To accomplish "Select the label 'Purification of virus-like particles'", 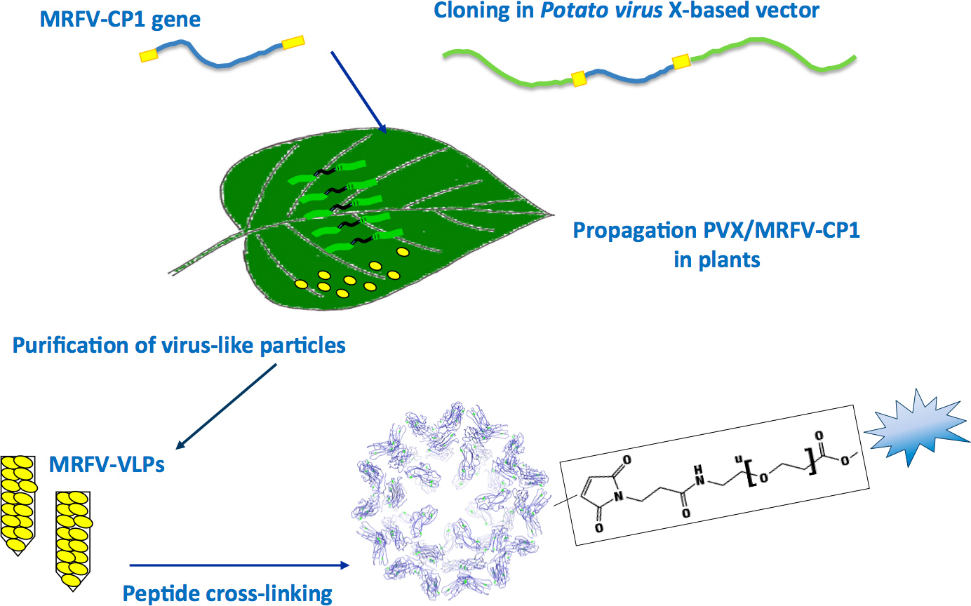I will click(x=180, y=345).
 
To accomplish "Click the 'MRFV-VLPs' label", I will click(x=107, y=464).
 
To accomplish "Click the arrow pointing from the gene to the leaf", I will click(x=359, y=91).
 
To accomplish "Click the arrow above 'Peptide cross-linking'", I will click(x=239, y=565).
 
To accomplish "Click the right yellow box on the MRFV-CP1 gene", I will click(x=293, y=42).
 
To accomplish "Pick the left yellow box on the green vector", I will click(x=579, y=78).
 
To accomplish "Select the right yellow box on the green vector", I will click(x=681, y=62).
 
